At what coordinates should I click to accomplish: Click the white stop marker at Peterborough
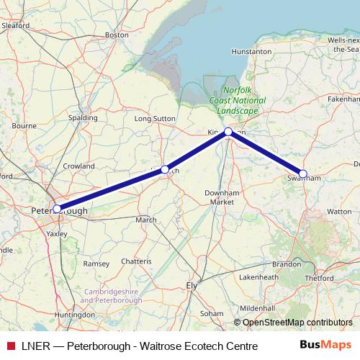pyautogui.click(x=57, y=209)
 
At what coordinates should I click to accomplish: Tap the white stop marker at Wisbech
pyautogui.click(x=165, y=169)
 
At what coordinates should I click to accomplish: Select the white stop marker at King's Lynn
pyautogui.click(x=228, y=132)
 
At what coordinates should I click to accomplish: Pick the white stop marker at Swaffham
pyautogui.click(x=303, y=174)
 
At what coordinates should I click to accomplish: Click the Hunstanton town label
pyautogui.click(x=251, y=52)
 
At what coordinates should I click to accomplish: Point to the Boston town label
pyautogui.click(x=117, y=34)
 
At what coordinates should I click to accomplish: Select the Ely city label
pyautogui.click(x=192, y=285)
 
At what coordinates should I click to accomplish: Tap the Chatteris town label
pyautogui.click(x=136, y=260)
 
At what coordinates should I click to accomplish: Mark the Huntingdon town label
pyautogui.click(x=75, y=315)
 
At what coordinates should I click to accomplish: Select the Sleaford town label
pyautogui.click(x=15, y=25)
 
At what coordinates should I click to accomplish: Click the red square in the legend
pyautogui.click(x=11, y=346)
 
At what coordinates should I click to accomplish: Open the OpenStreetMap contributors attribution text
pyautogui.click(x=297, y=322)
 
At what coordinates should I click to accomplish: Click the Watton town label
pyautogui.click(x=339, y=212)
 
